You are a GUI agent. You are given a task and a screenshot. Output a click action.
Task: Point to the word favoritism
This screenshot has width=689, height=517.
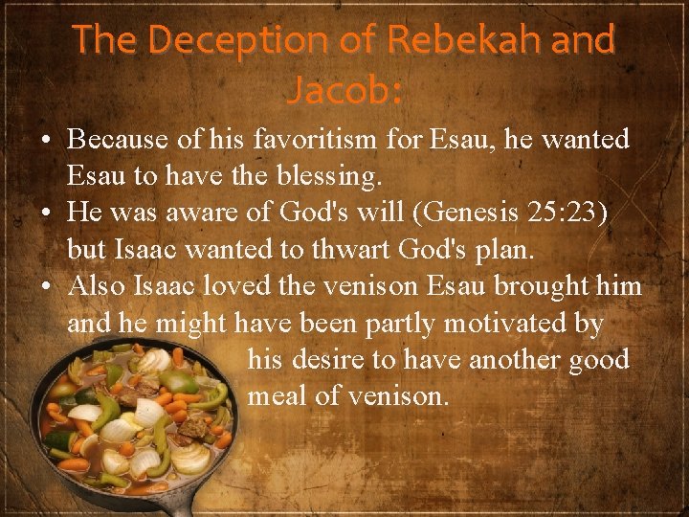[313, 140]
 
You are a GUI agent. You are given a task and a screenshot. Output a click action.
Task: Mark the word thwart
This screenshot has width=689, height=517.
[363, 249]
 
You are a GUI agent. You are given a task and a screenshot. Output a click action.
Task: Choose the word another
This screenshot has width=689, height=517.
[513, 360]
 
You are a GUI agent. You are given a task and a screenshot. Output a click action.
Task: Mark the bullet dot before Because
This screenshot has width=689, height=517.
[47, 140]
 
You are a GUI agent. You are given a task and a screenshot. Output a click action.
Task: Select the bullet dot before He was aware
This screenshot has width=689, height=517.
[47, 213]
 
